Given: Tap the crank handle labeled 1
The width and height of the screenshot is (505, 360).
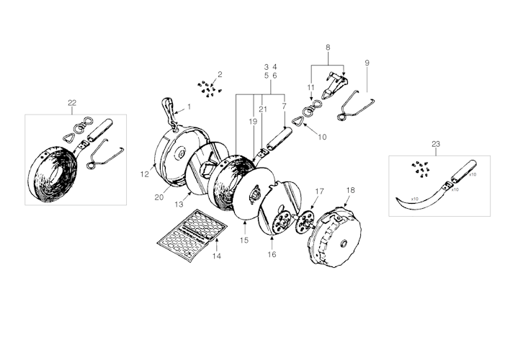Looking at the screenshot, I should click(169, 111).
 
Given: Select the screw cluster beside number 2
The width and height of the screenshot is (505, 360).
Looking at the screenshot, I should click(208, 89).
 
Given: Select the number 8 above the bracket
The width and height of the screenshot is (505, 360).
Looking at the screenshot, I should click(328, 48).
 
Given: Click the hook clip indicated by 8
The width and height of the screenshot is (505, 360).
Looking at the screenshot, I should click(331, 84).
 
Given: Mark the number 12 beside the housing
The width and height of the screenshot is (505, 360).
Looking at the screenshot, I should click(144, 174).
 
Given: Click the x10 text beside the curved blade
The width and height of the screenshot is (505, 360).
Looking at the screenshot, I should click(415, 198).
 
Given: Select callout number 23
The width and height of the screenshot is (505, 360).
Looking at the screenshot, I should click(435, 145).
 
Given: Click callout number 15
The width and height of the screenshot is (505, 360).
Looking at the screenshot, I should click(244, 240).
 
